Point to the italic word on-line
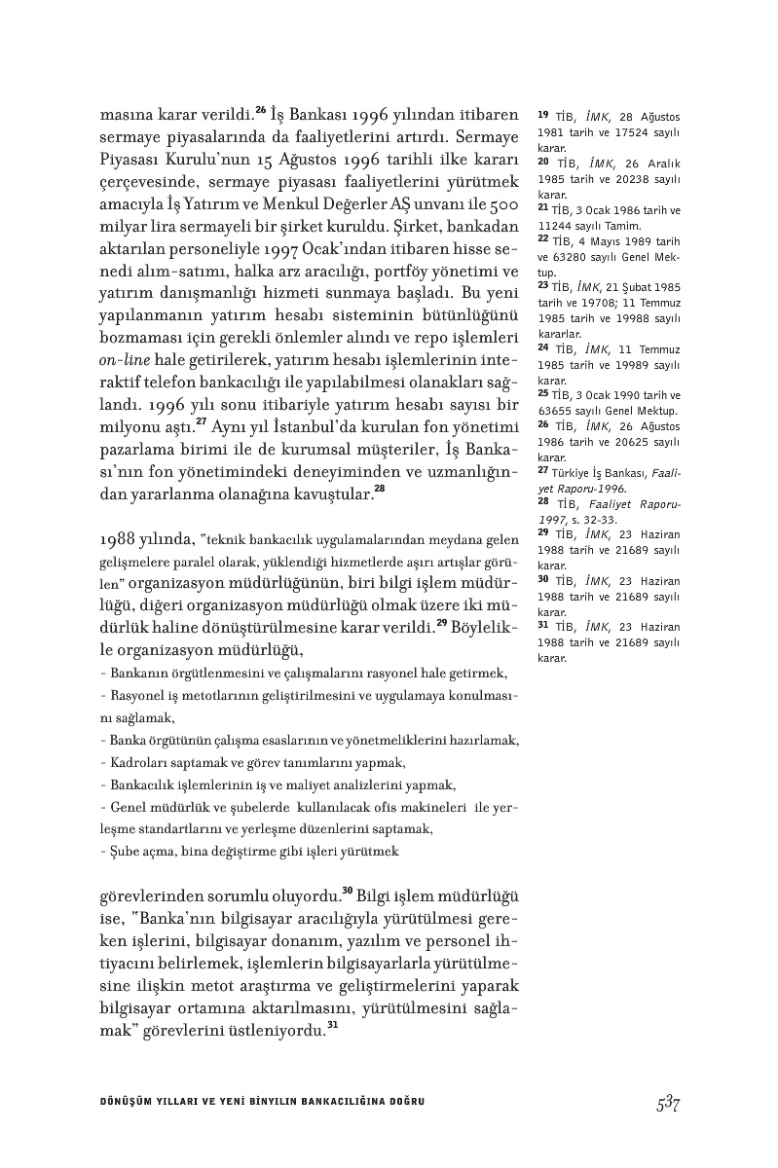123,359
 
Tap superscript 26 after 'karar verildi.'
261,108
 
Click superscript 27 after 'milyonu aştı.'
201,420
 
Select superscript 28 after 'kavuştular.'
381,489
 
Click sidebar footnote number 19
543,116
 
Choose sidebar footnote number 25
543,393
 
